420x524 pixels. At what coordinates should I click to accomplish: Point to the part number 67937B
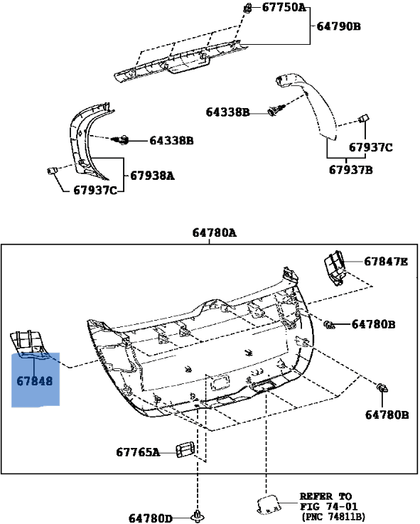pos(351,171)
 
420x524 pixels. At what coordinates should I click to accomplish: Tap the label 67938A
pos(151,176)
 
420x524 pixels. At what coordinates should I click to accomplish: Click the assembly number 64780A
pos(214,232)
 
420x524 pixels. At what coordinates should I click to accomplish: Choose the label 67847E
pos(386,262)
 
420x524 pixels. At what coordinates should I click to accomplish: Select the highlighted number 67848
pos(35,381)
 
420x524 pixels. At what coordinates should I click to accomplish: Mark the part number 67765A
pos(138,451)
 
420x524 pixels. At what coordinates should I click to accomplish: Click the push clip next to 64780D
pos(197,513)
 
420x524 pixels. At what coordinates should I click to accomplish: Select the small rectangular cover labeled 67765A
pos(187,449)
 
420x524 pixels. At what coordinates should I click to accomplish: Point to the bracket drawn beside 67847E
pos(335,267)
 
